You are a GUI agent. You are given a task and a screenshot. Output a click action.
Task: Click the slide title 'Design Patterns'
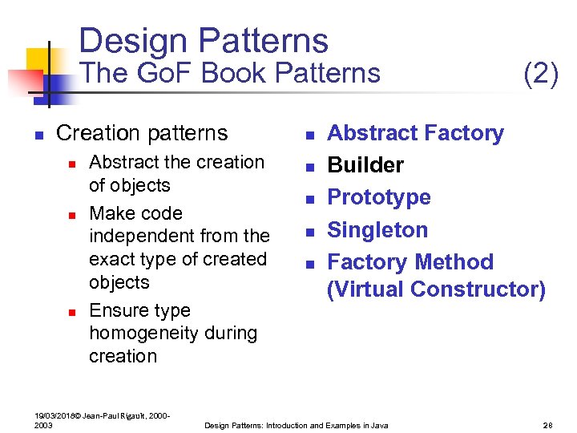[x=204, y=41]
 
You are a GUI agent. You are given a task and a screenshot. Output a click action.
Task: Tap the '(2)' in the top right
[x=540, y=74]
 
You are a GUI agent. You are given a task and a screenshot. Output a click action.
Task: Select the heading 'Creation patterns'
[x=142, y=132]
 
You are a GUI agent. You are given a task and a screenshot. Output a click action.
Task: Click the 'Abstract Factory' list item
[x=415, y=133]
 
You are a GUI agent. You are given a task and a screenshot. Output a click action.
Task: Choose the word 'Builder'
[x=365, y=165]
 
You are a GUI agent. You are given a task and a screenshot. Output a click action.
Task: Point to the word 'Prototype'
[x=379, y=197]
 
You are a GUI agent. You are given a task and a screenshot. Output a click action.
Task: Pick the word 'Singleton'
[x=377, y=230]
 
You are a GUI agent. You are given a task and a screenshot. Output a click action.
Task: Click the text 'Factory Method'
[x=410, y=262]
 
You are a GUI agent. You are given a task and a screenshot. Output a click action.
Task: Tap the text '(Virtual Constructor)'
[x=436, y=289]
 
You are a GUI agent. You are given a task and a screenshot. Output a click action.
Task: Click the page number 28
[x=548, y=425]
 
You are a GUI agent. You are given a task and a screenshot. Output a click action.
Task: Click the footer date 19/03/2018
[x=53, y=415]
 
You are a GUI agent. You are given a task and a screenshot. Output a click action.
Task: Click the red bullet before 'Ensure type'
[x=71, y=311]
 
